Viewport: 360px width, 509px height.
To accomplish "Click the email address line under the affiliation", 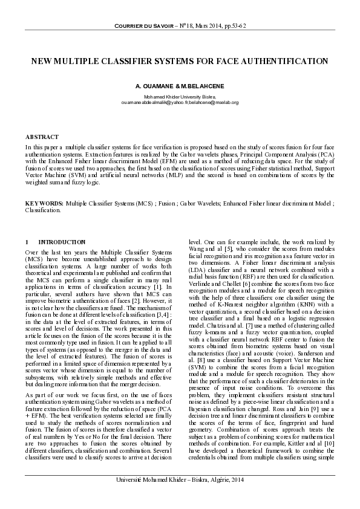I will [180, 103].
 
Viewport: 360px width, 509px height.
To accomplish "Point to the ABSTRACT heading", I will [42, 137].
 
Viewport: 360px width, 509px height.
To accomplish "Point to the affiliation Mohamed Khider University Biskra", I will [180, 97].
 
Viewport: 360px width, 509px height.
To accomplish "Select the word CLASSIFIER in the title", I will [152, 62].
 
